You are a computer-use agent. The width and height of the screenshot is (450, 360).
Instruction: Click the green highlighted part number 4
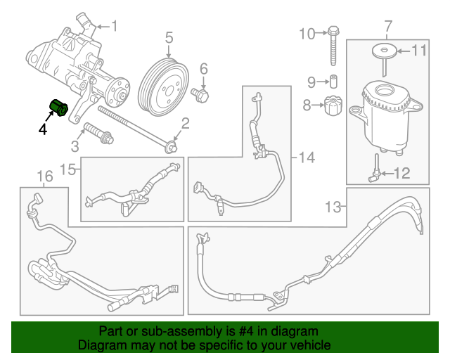click(x=57, y=108)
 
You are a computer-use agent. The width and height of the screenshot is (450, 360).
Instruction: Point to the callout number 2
click(x=185, y=124)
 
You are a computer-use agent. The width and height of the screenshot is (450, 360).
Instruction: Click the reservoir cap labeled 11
click(x=384, y=51)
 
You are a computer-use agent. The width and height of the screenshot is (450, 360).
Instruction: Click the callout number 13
click(x=333, y=207)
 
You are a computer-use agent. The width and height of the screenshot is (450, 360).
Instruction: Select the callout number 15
click(x=67, y=169)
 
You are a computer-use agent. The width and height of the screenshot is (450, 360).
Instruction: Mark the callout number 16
click(x=44, y=176)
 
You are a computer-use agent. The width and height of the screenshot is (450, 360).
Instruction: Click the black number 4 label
click(x=43, y=129)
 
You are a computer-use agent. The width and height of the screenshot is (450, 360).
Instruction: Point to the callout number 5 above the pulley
click(x=169, y=36)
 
